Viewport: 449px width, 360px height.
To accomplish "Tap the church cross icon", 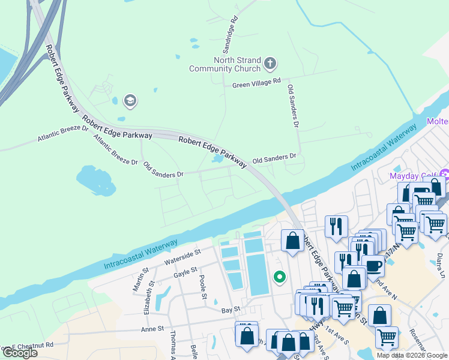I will (270, 62).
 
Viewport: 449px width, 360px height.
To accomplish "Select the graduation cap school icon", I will (130, 101).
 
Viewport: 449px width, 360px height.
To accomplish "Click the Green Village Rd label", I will (256, 84).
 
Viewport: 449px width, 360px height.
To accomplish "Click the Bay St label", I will (231, 309).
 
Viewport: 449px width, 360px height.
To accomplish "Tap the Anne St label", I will (152, 329).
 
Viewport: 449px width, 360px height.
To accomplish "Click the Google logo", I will (20, 353).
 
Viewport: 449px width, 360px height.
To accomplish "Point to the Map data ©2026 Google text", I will (411, 355).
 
